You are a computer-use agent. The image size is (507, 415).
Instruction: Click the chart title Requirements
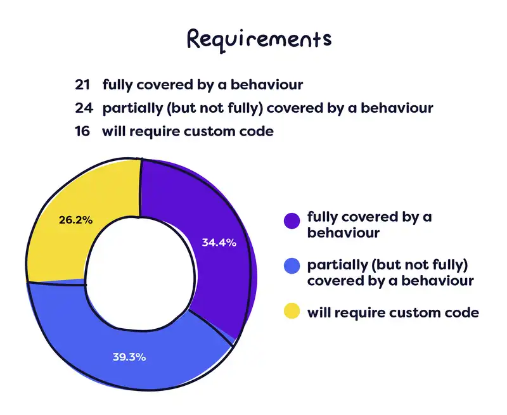(x=258, y=39)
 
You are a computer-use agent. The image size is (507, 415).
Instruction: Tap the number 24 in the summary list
(x=82, y=108)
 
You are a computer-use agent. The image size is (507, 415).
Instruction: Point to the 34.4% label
(x=219, y=242)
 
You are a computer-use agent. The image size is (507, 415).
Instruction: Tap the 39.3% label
(x=129, y=357)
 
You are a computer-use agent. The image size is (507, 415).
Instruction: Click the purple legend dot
(x=292, y=220)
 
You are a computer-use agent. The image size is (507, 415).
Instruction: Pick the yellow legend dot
(x=292, y=312)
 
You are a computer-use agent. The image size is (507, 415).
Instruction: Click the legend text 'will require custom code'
(x=392, y=312)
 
